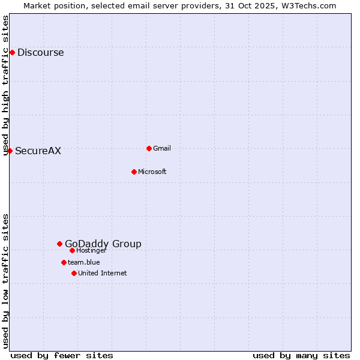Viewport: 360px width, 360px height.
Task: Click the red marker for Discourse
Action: [x=12, y=53]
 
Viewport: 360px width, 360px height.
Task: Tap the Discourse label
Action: [x=40, y=53]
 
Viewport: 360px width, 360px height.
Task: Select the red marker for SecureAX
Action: [x=10, y=151]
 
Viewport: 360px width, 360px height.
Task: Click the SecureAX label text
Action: [x=38, y=151]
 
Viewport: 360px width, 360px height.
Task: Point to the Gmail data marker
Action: [x=149, y=148]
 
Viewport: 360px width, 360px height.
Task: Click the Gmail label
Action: [x=162, y=149]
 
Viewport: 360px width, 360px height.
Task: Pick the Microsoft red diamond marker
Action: [x=134, y=172]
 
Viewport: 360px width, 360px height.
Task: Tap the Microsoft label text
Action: [x=152, y=172]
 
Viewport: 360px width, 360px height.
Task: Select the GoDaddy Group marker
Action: [x=59, y=244]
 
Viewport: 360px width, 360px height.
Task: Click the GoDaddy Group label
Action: [x=103, y=244]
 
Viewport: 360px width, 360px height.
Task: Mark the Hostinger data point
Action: [x=72, y=250]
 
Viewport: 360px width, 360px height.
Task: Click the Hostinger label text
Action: [x=91, y=251]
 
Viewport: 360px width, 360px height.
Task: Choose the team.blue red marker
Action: [x=64, y=262]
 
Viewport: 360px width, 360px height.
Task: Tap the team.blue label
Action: [x=83, y=262]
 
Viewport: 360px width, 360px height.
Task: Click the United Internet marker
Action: [x=74, y=273]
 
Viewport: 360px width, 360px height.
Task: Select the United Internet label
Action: [x=102, y=274]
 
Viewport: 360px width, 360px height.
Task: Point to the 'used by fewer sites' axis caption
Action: [x=62, y=356]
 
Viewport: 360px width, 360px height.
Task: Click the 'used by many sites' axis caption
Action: [x=301, y=356]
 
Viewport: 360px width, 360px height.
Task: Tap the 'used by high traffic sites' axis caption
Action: [x=5, y=85]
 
